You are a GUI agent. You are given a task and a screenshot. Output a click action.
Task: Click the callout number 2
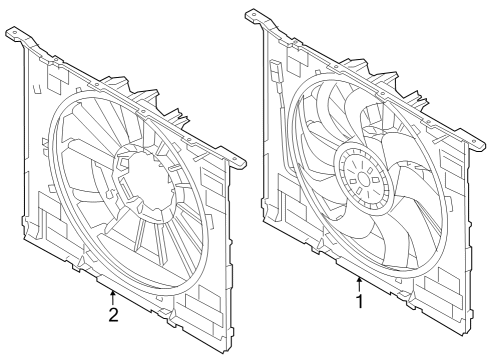(114, 315)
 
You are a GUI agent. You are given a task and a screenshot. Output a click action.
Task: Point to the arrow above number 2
(114, 298)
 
